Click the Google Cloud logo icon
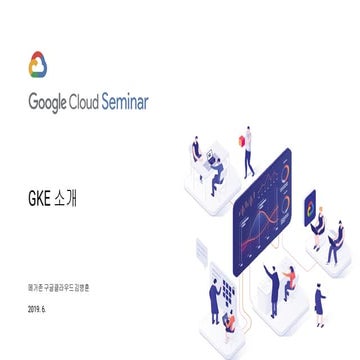[38, 65]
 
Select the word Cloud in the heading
[99, 102]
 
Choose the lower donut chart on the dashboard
[284, 205]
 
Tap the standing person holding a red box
[247, 150]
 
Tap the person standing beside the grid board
[214, 299]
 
